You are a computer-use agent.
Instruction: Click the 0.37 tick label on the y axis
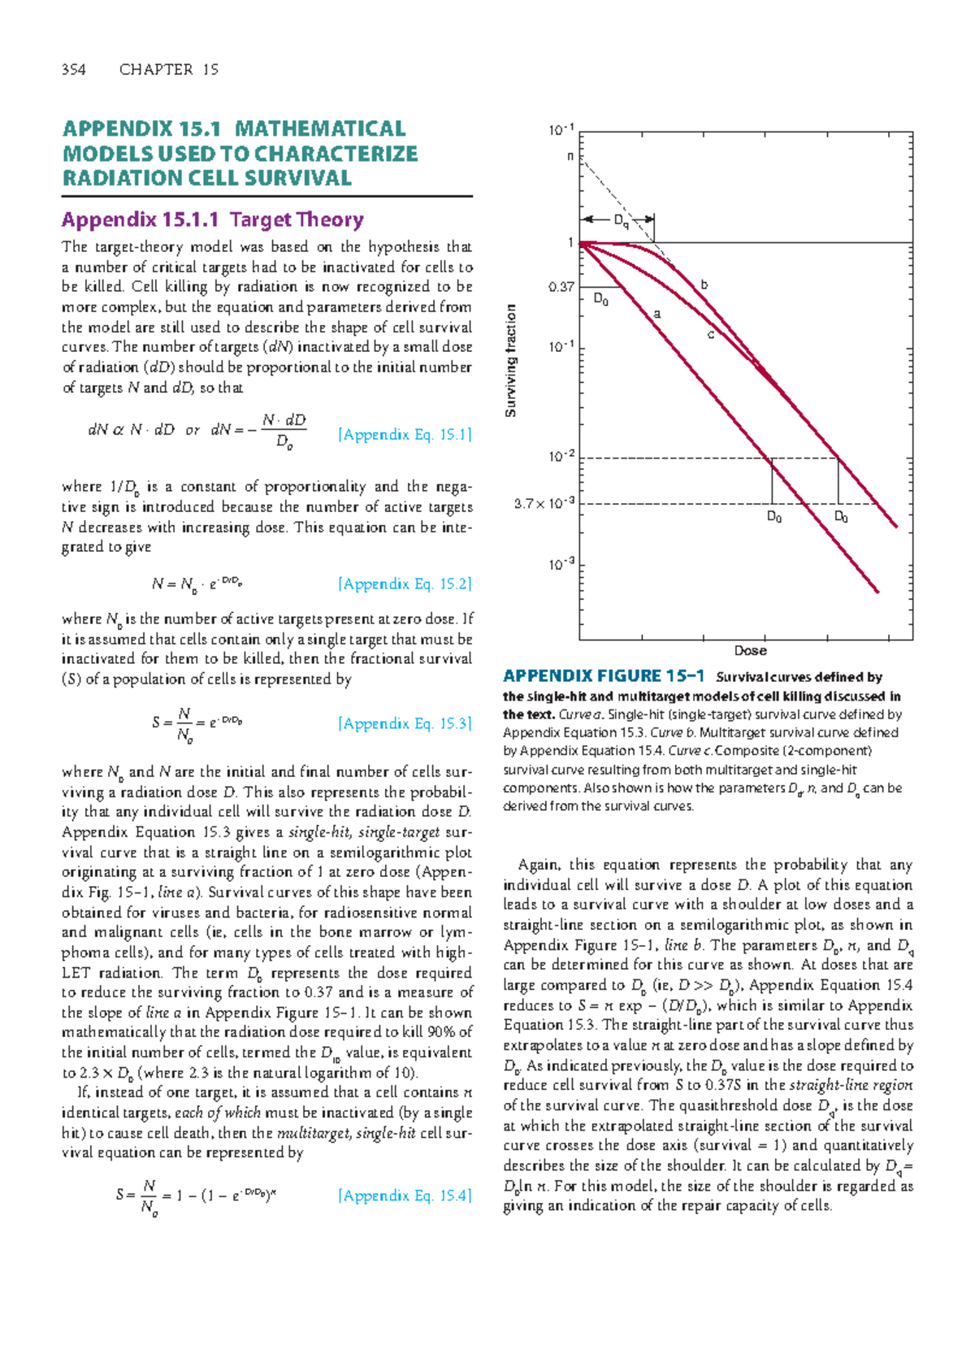tap(561, 287)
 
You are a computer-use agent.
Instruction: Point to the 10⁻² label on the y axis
tap(561, 457)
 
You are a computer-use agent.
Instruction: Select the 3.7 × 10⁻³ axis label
tap(544, 504)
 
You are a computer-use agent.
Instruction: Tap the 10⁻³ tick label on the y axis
tap(561, 564)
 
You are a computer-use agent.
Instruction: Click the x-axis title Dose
tap(750, 650)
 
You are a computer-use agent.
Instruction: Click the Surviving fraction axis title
tap(511, 361)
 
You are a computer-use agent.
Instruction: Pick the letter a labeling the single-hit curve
tap(657, 313)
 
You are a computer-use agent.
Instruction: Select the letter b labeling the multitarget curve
tap(704, 284)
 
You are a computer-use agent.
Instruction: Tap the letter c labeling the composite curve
tap(710, 334)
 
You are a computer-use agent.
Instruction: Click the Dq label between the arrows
tap(622, 220)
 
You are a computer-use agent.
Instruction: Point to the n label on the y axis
tap(570, 156)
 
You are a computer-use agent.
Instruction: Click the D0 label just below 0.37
tap(601, 299)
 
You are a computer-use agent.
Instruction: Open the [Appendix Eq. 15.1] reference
tap(405, 435)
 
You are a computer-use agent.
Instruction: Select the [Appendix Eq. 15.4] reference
tap(405, 1196)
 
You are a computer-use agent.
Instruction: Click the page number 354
tap(74, 70)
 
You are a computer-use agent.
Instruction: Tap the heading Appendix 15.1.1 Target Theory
tap(213, 219)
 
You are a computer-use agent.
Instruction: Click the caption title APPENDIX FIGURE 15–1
tap(604, 676)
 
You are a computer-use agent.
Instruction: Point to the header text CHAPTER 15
tap(169, 70)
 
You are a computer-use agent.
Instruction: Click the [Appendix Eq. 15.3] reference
tap(405, 723)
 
